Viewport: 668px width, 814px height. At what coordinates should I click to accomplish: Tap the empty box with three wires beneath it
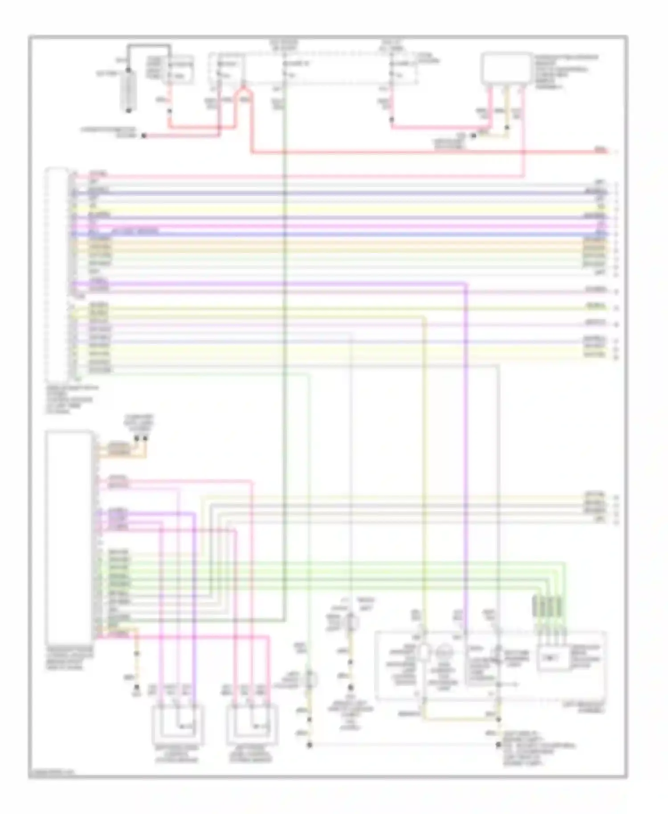click(506, 68)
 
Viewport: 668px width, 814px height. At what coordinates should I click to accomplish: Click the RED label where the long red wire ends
click(601, 151)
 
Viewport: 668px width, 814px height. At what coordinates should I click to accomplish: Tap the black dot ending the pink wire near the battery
click(144, 135)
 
